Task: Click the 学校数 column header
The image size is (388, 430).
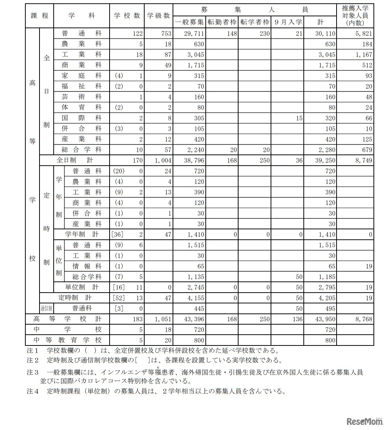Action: click(x=127, y=16)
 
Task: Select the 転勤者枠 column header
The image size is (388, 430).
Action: click(x=222, y=22)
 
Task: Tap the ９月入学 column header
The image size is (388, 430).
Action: click(x=288, y=22)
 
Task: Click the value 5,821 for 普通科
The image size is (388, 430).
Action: click(x=364, y=34)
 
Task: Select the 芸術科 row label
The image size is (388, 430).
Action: click(x=82, y=97)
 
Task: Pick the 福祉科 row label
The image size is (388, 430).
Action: click(x=82, y=86)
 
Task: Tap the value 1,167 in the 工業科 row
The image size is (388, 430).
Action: click(x=364, y=55)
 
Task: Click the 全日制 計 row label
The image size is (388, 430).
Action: click(x=75, y=160)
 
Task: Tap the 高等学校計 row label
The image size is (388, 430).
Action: click(x=67, y=319)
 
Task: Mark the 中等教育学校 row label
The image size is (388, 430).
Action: click(x=67, y=340)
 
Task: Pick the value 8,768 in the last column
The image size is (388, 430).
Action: click(x=364, y=319)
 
